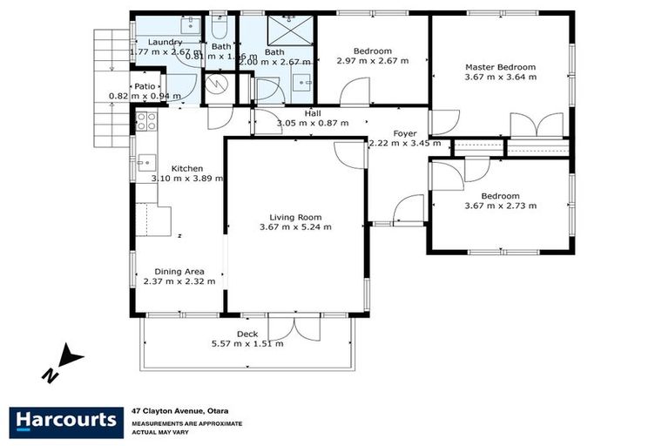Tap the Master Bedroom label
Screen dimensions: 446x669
pos(500,67)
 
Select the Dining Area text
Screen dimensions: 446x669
pos(180,271)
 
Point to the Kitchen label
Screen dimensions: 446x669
pos(187,168)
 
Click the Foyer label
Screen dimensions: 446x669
pos(404,133)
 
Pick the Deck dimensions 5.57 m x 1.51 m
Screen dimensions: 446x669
pos(247,343)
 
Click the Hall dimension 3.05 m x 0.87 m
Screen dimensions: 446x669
pos(313,123)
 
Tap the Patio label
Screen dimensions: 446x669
pos(144,86)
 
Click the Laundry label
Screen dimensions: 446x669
pos(165,42)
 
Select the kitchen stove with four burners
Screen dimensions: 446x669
pos(145,120)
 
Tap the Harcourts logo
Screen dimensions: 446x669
pos(65,421)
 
